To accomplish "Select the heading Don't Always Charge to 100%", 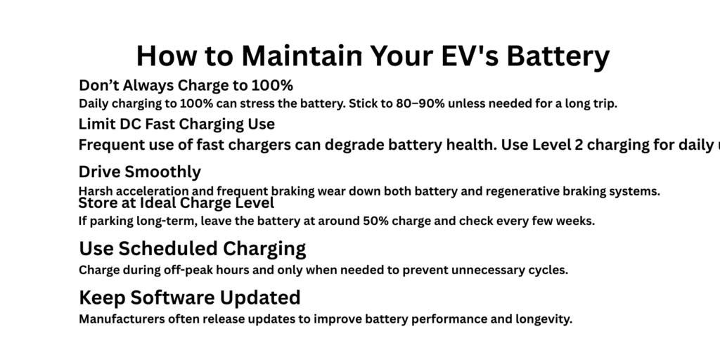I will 186,86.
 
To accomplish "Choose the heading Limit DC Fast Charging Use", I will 176,124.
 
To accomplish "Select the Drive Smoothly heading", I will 139,172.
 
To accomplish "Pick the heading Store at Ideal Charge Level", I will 176,203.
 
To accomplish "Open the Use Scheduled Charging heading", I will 192,248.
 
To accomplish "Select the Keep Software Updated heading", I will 189,297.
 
